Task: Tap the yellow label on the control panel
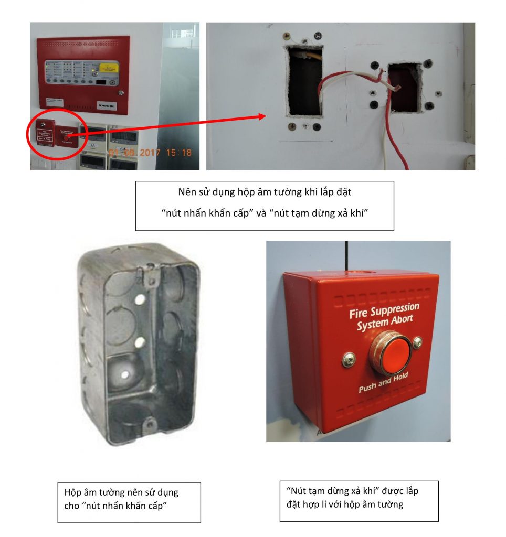tap(109, 68)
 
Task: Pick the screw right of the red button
tap(417, 343)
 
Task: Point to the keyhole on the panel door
tap(121, 93)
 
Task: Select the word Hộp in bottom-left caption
tap(73, 492)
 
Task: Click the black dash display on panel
tap(104, 82)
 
